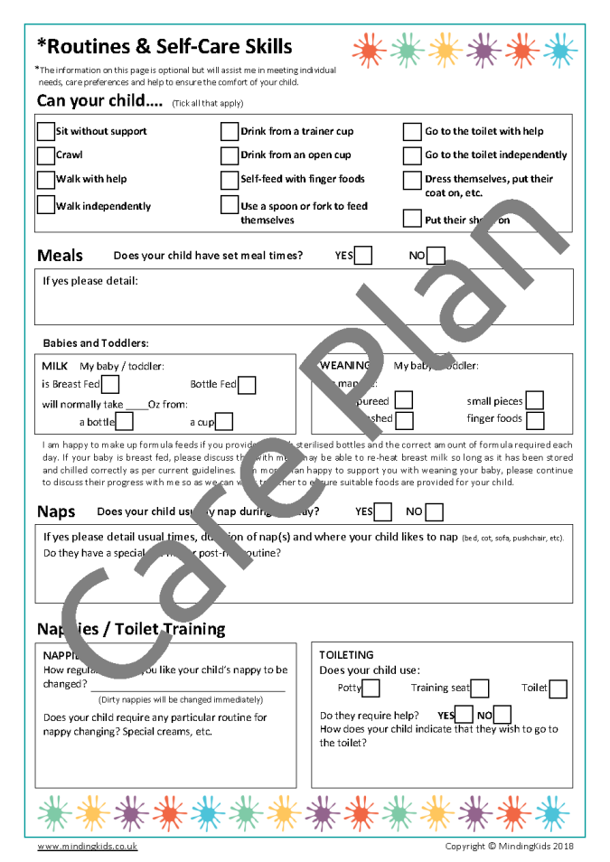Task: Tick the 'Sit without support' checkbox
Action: tap(45, 131)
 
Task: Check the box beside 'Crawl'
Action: tap(45, 155)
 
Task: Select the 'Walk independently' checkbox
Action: tap(45, 205)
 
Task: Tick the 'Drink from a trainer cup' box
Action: tap(230, 131)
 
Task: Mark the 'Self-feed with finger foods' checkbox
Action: tap(230, 179)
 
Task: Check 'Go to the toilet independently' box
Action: tap(412, 155)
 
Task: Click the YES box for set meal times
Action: tap(363, 256)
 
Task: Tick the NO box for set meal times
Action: tap(436, 256)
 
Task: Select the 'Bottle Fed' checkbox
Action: tap(247, 385)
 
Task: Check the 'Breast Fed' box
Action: tap(110, 385)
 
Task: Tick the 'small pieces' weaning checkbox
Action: tap(535, 400)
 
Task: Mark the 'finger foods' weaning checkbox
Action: tap(535, 420)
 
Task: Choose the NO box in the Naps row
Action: tap(435, 512)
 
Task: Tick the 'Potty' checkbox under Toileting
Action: tap(371, 689)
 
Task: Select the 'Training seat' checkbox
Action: tap(480, 689)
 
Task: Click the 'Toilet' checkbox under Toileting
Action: tap(558, 689)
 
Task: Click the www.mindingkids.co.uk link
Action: tap(88, 847)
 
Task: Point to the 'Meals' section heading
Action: tap(60, 256)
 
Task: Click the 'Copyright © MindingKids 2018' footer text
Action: tap(510, 847)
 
